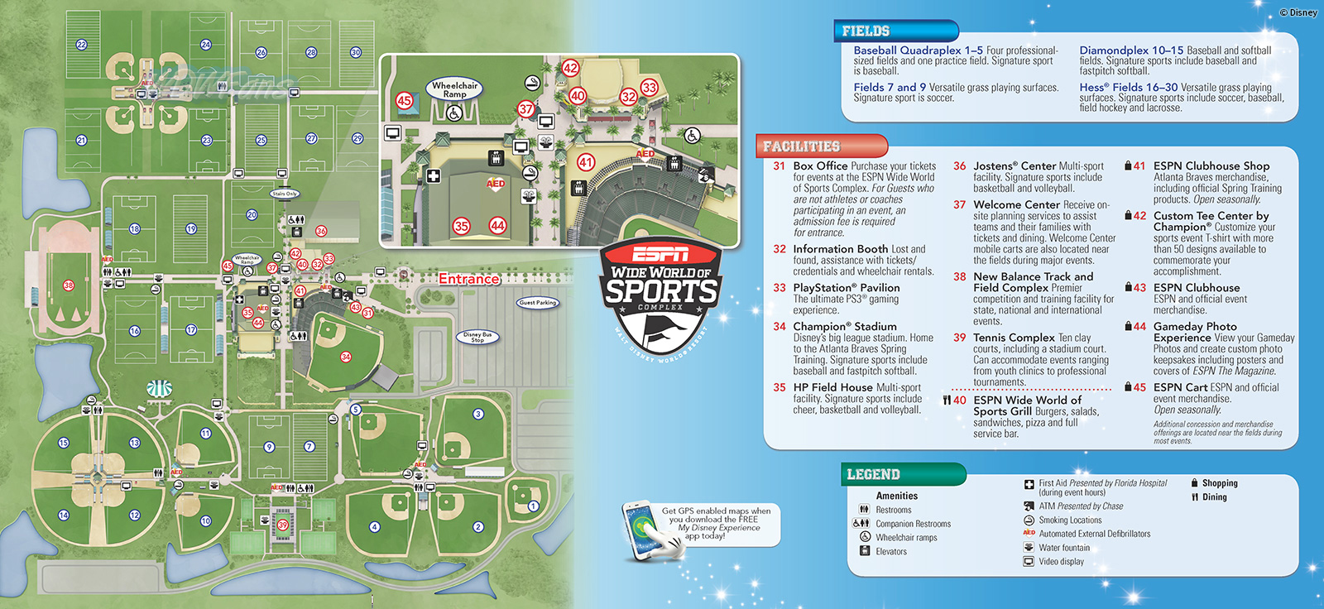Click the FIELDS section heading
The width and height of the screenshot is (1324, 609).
coord(866,31)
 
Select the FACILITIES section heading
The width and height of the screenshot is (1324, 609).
coord(801,146)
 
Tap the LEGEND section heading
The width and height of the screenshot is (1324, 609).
coord(873,474)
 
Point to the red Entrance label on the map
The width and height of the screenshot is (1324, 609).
coord(469,279)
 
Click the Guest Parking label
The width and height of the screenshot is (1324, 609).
coord(538,303)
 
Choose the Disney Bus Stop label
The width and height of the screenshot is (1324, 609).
coord(477,338)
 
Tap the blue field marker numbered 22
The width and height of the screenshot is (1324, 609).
coord(81,45)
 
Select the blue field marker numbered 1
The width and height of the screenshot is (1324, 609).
coord(533,506)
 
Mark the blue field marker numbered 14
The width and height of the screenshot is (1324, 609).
coord(63,515)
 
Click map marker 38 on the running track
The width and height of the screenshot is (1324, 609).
coord(68,285)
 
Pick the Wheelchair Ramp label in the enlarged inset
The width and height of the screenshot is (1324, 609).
coord(454,89)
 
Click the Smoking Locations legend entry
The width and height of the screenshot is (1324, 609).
coord(1070,520)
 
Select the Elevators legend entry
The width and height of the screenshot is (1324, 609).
coord(891,552)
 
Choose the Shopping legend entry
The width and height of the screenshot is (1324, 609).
coord(1220,483)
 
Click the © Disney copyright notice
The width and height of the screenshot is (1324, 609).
coord(1298,12)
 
